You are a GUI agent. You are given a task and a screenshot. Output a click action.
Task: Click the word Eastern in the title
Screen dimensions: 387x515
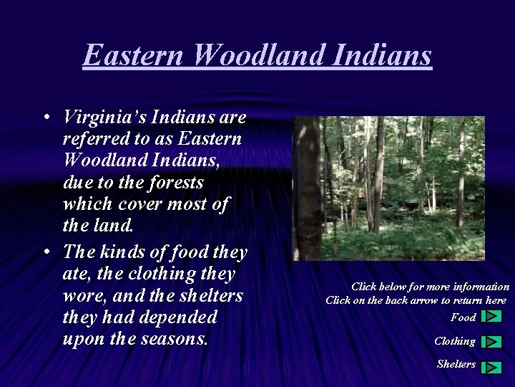click(133, 55)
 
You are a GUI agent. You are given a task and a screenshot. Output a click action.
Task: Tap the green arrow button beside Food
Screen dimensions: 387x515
click(491, 316)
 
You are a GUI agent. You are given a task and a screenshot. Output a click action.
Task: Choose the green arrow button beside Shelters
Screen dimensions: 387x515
click(491, 367)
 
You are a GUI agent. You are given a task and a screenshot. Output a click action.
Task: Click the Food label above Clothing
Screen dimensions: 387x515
click(463, 317)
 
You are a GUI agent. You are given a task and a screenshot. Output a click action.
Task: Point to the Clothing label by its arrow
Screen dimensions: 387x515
click(454, 341)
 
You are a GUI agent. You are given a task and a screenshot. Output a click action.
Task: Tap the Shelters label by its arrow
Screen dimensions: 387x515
click(456, 364)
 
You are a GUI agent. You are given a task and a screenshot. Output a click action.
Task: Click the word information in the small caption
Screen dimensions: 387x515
click(481, 287)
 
